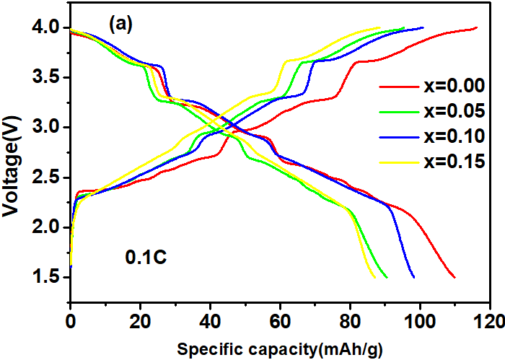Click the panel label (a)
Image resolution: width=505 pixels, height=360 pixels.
(120, 24)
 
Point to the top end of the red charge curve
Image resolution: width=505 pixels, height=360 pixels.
(476, 27)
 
